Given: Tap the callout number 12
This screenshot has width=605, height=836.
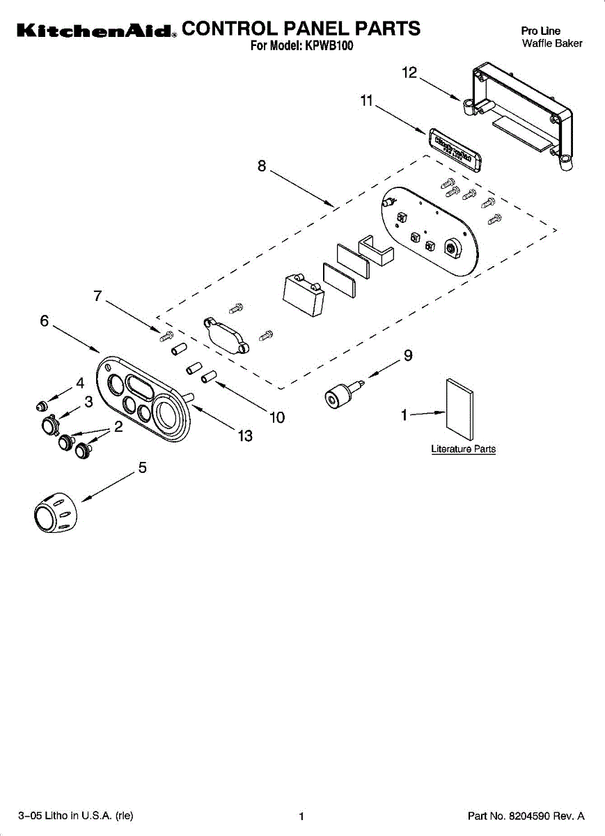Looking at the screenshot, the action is tap(409, 72).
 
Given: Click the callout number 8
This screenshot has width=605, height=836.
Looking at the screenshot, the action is tap(262, 166).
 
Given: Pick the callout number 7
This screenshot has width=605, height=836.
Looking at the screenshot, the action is tap(98, 295).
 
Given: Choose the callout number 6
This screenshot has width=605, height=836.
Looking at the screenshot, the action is tap(45, 320).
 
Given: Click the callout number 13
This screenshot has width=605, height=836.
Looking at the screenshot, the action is tap(244, 436).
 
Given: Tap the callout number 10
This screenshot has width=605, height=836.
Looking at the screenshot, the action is tap(277, 417).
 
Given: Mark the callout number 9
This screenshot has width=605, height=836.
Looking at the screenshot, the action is tap(408, 355).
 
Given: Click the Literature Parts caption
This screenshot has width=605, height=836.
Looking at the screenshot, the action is tap(463, 449).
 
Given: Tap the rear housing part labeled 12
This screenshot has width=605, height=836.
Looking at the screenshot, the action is tap(522, 115).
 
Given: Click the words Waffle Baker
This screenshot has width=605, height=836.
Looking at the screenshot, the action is tap(552, 43).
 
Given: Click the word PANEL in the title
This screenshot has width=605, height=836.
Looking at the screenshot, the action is tap(311, 29).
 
